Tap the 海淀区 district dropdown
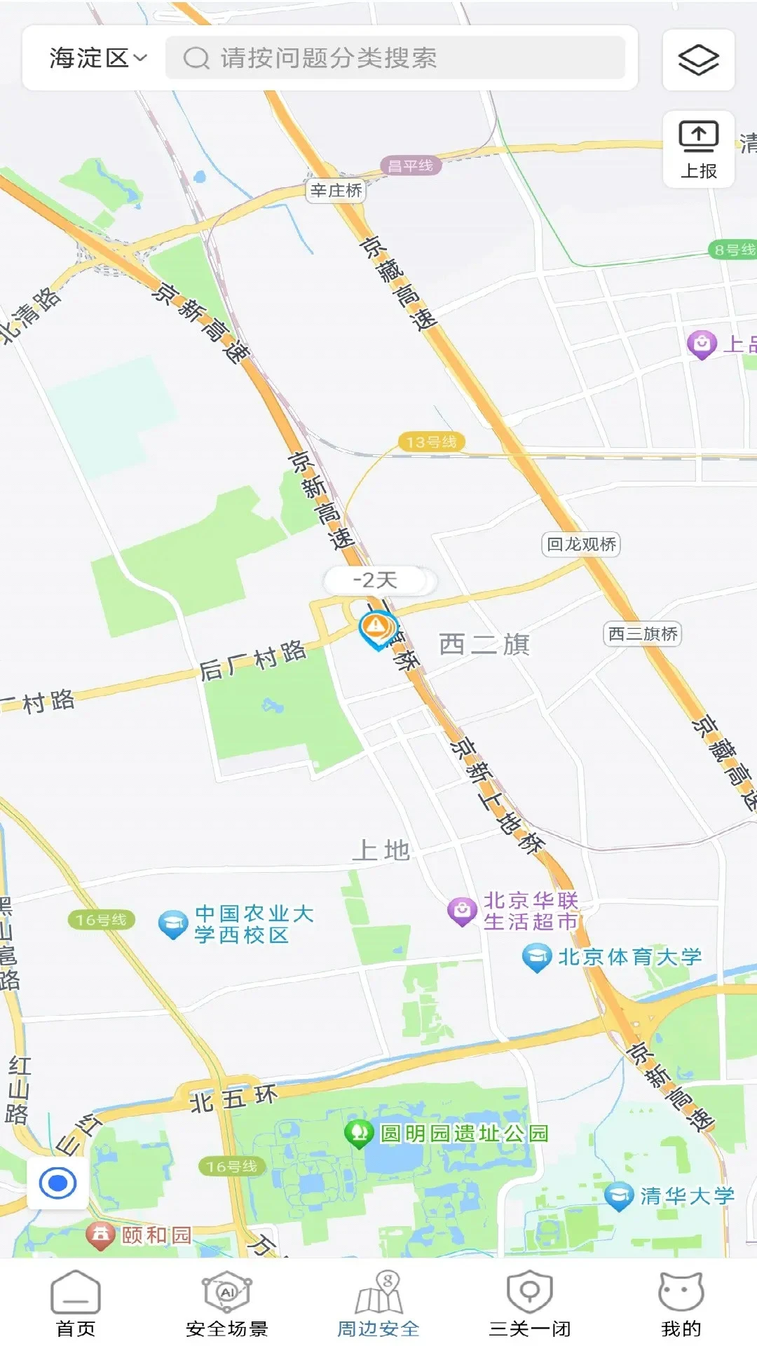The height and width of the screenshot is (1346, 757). click(x=98, y=58)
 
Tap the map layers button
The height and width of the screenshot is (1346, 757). click(x=698, y=60)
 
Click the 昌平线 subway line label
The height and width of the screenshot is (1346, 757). click(x=411, y=166)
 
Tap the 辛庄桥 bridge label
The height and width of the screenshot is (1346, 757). click(x=336, y=191)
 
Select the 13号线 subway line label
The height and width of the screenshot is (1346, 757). click(x=431, y=442)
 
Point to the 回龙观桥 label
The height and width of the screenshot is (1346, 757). click(x=581, y=545)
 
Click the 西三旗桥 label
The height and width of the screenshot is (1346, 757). click(x=643, y=634)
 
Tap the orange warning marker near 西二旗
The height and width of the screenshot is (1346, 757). click(x=377, y=626)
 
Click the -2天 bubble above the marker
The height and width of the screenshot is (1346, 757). click(x=376, y=580)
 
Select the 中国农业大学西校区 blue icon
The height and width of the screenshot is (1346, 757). click(x=172, y=924)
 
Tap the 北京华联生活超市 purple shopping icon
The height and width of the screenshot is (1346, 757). click(x=462, y=911)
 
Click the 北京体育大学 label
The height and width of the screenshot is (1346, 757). click(x=629, y=957)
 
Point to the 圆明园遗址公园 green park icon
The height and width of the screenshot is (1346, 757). click(x=359, y=1132)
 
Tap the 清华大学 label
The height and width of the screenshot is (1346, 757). click(x=686, y=1196)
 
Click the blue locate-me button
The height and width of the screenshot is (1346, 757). click(x=57, y=1183)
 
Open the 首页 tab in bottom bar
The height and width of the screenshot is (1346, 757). click(x=76, y=1303)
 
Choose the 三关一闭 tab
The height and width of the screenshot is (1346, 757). click(x=530, y=1303)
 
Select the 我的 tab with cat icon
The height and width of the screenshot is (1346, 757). click(x=681, y=1303)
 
